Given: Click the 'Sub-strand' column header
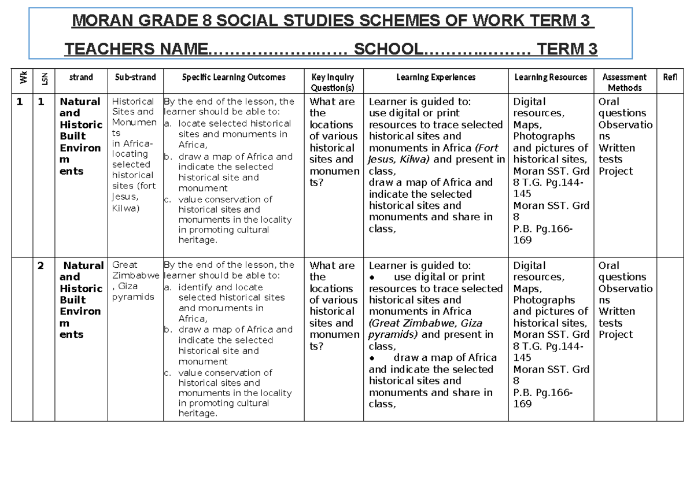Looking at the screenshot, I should coord(135,77).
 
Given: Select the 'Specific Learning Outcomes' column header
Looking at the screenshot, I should coord(234,77).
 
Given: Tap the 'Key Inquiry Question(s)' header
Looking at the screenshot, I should coord(333,82).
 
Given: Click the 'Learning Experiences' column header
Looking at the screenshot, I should coord(435,77).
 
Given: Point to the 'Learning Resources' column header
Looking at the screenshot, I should coord(551,77).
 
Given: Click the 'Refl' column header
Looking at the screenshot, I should coord(670,77).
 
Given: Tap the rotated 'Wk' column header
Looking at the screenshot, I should coord(23,77).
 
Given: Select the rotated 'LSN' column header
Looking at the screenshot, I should coord(45,77).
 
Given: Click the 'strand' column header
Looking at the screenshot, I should coord(80,77).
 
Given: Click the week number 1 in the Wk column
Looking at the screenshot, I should coord(20,102).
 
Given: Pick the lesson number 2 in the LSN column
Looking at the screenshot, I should coord(40,266).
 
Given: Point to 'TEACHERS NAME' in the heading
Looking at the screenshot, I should coord(135,49).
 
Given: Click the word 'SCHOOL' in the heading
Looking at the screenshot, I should coord(387,49).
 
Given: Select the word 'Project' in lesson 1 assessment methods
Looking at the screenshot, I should coord(615,171).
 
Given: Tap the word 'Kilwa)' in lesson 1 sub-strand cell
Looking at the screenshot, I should coord(125,208).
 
